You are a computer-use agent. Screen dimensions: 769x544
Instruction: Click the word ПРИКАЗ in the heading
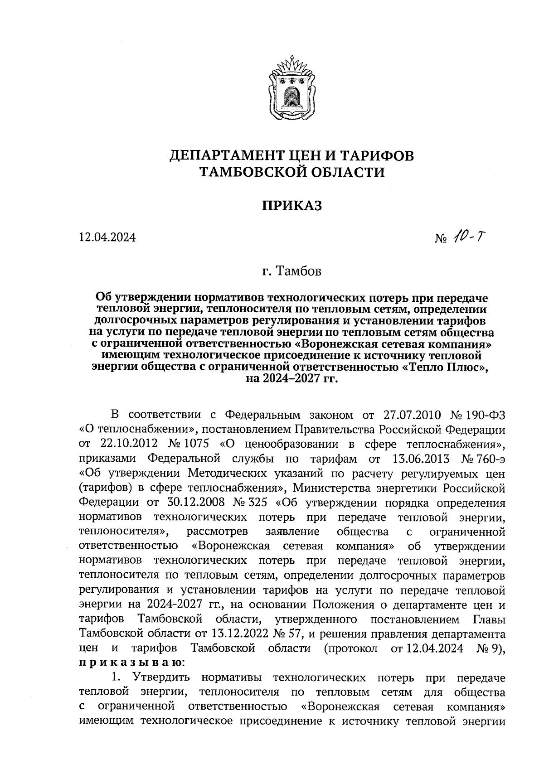point(292,206)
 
